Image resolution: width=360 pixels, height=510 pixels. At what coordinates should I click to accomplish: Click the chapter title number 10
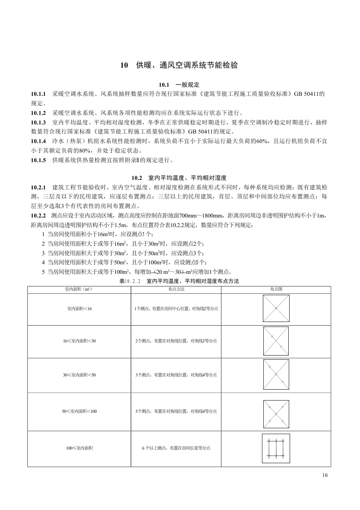[123, 65]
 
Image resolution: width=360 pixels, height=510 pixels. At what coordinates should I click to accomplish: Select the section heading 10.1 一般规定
[179, 85]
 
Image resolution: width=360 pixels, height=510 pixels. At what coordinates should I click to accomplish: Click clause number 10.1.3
[39, 122]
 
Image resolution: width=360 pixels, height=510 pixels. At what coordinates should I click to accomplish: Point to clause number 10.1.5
[39, 160]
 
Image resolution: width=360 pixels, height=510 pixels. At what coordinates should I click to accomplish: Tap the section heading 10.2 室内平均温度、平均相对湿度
[179, 178]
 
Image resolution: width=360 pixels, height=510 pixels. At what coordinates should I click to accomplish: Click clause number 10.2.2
[39, 215]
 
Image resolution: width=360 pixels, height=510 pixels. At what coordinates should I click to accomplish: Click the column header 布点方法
[176, 289]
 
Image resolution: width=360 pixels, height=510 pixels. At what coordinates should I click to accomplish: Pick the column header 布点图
[276, 289]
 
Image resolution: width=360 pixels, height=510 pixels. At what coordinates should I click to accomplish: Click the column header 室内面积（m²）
[79, 289]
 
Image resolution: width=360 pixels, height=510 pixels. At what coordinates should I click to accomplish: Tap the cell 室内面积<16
[79, 309]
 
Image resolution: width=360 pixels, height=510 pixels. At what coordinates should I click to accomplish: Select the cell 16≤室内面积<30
[79, 341]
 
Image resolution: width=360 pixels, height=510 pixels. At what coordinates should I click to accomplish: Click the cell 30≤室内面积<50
[79, 375]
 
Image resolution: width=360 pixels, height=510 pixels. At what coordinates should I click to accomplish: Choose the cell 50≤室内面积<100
[79, 411]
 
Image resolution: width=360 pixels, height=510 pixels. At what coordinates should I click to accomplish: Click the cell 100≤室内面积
[79, 448]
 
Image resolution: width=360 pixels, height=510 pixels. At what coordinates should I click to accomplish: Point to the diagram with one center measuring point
[276, 309]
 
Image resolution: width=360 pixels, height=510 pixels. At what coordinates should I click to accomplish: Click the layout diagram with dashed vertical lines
[276, 449]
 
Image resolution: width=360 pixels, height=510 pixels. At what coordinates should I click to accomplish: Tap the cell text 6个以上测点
[176, 448]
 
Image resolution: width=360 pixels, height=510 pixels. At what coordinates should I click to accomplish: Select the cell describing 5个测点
[176, 411]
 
